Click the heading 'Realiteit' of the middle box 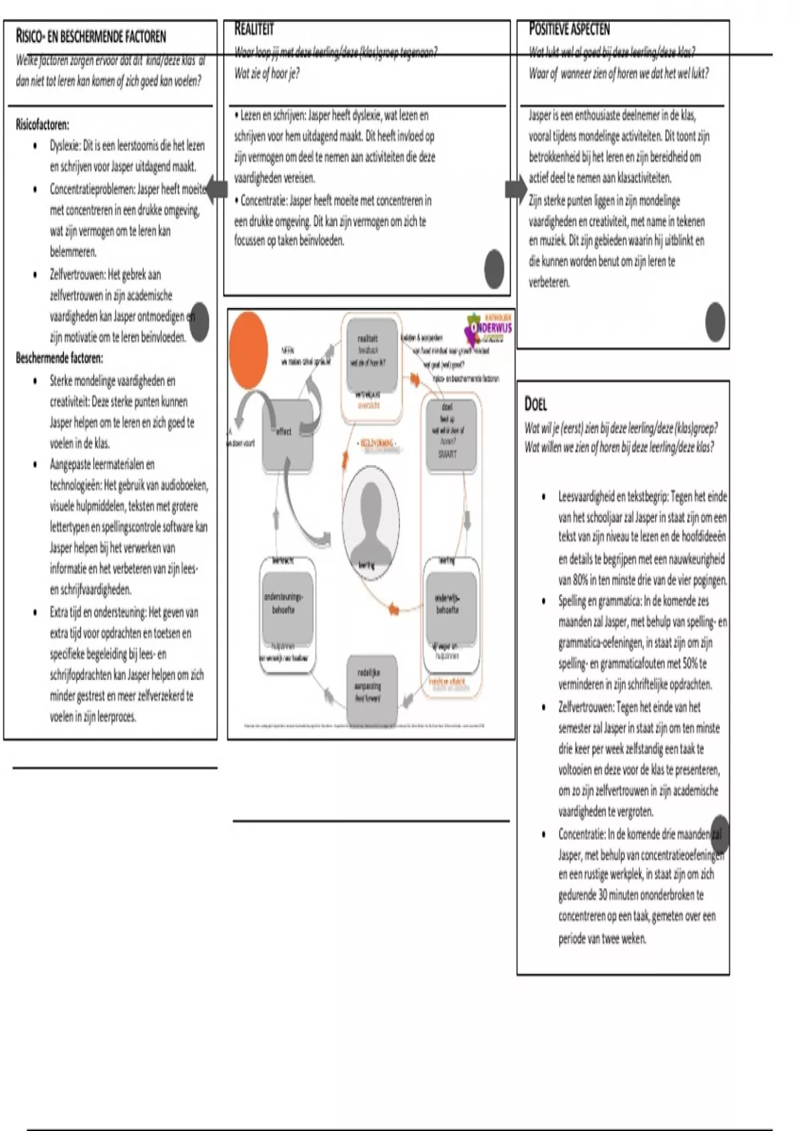coord(254,29)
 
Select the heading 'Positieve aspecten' coord(569,29)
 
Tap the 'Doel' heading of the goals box coord(536,403)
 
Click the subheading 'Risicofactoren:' coord(42,124)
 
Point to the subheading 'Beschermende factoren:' coord(59,358)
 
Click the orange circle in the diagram coord(248,349)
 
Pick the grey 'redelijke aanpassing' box coord(372,689)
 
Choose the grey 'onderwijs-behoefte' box coord(450,605)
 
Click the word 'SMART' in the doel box coord(447,454)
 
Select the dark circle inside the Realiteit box coord(494,269)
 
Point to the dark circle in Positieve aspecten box coord(715,322)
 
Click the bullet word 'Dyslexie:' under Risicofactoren coord(65,146)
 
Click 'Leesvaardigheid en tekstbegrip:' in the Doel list coord(613,496)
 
